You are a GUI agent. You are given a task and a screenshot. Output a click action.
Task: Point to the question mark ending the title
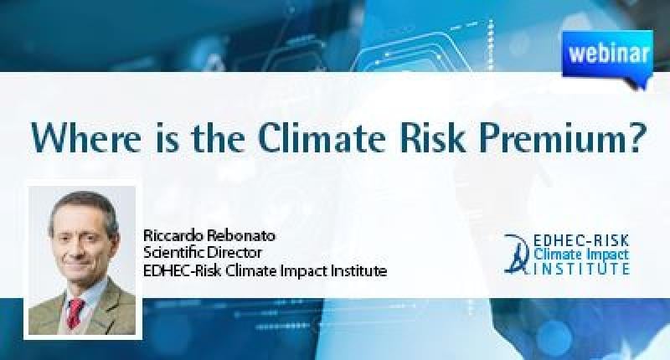(x=631, y=138)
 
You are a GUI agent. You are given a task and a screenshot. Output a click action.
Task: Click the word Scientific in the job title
(x=173, y=252)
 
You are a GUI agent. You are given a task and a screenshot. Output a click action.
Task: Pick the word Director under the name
(x=234, y=252)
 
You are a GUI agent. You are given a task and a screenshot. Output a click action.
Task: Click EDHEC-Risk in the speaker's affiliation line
(x=183, y=270)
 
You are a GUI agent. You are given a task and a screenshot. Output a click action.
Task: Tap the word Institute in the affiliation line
(x=358, y=270)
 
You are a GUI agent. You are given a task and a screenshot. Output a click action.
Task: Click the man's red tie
(x=75, y=312)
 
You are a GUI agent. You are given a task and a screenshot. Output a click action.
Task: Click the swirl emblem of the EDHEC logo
(x=518, y=253)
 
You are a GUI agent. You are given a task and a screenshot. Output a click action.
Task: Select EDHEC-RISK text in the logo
(x=581, y=240)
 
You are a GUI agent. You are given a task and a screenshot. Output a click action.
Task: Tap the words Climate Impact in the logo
(x=581, y=255)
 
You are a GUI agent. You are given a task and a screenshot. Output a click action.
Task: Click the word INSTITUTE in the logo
(x=581, y=269)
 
